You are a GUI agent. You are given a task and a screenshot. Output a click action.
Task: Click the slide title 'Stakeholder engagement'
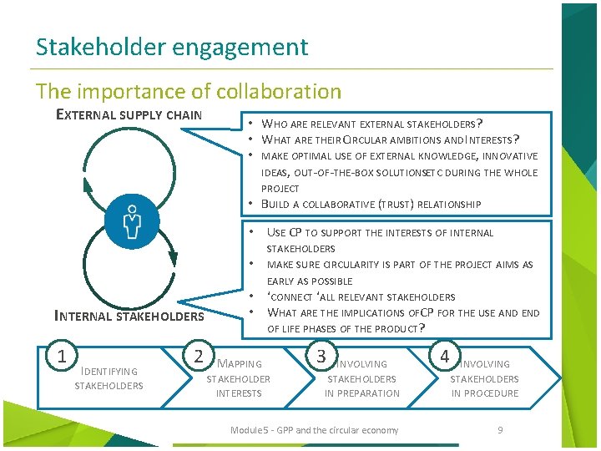172,47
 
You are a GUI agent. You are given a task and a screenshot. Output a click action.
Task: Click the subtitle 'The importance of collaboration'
189,91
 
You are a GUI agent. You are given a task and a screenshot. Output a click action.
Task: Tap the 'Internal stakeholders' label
129,316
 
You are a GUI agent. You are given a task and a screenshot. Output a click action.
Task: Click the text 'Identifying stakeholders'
109,378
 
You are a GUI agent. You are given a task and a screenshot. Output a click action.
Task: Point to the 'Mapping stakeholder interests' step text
239,378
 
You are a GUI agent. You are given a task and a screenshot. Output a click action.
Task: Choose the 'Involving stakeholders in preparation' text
362,378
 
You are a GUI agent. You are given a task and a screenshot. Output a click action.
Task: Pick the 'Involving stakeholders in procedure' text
485,378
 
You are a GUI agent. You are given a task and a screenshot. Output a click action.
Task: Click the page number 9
500,430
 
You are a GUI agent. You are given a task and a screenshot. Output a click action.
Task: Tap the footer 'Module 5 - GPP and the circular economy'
314,430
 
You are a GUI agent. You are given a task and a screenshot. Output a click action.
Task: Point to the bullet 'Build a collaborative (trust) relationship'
371,204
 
